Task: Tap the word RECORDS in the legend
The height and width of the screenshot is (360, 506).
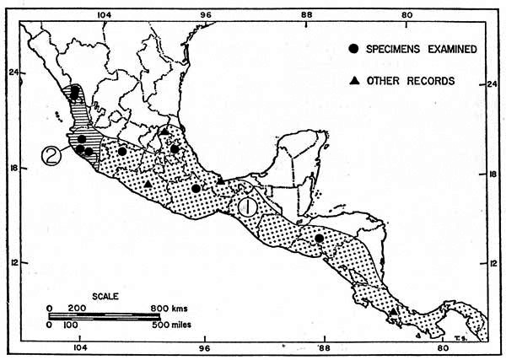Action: [433, 81]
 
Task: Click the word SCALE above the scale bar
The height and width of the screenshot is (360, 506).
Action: [94, 297]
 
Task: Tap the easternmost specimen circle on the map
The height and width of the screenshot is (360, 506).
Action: [320, 239]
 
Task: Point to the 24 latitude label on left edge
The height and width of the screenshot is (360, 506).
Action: [13, 73]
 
